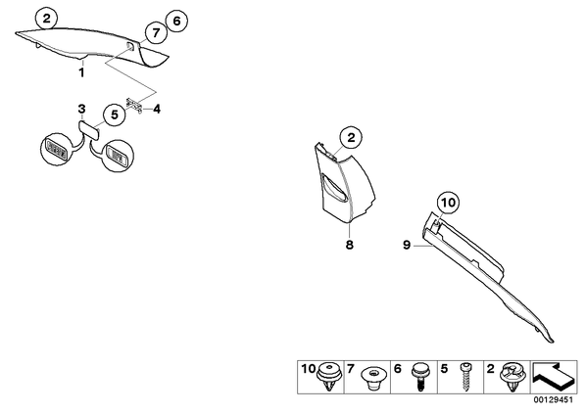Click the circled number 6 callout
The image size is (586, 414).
click(x=176, y=22)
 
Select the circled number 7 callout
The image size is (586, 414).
click(x=156, y=33)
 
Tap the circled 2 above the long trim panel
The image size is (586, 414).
click(x=46, y=19)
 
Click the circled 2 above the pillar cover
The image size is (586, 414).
click(x=351, y=138)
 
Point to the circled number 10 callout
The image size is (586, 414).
click(x=449, y=203)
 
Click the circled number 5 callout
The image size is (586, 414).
click(x=115, y=115)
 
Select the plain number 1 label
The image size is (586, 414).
click(x=82, y=72)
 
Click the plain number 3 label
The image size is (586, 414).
click(x=81, y=109)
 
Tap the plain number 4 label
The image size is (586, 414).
click(x=157, y=110)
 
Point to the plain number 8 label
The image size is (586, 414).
click(x=350, y=245)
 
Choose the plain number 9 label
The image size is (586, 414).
click(x=407, y=246)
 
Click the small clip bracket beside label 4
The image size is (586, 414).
click(x=134, y=106)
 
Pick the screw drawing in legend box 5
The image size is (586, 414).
click(x=464, y=377)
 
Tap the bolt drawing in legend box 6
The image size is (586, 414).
click(x=419, y=377)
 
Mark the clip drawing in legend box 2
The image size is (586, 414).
click(x=512, y=376)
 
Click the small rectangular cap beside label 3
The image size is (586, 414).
click(x=89, y=129)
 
